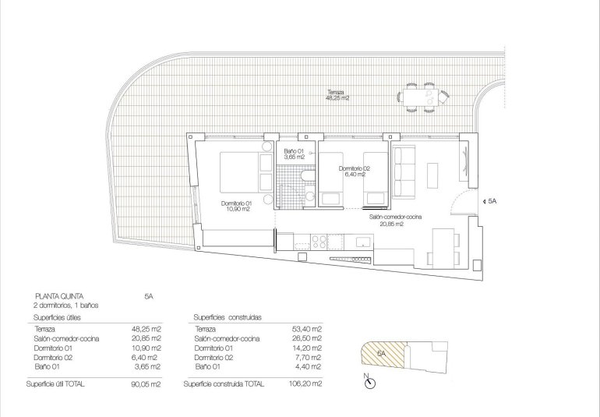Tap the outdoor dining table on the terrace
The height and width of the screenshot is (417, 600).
[x=421, y=97]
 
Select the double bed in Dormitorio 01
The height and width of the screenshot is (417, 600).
[x=242, y=171]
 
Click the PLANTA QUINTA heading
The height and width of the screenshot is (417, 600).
[x=58, y=296]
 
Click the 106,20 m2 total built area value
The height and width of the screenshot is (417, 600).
[x=305, y=384]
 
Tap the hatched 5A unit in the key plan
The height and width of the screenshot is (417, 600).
[x=380, y=355]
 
